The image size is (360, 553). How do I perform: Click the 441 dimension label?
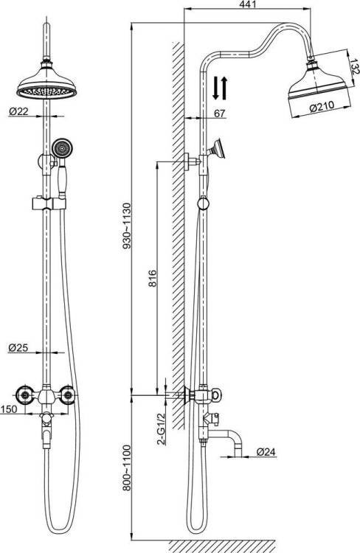[x=247, y=4]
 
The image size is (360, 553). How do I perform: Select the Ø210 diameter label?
[x=322, y=106]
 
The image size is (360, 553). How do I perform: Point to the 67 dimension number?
[x=220, y=114]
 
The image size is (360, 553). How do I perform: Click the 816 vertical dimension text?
[x=152, y=278]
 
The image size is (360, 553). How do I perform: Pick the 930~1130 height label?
[x=126, y=226]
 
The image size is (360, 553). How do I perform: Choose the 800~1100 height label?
[x=126, y=468]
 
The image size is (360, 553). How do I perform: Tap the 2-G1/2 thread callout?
[x=162, y=428]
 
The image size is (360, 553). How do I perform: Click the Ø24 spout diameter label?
[x=266, y=451]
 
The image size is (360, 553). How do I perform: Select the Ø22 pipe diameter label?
[x=18, y=111]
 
